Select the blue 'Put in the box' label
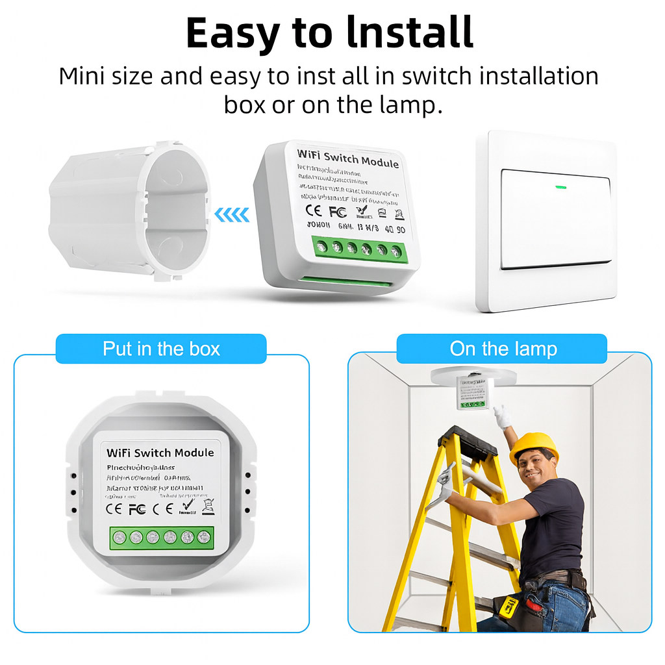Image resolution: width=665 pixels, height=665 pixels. [161, 349]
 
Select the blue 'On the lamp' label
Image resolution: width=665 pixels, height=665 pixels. [503, 349]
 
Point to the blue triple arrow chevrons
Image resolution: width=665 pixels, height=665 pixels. [232, 214]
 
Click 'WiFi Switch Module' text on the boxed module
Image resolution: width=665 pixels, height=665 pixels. [160, 452]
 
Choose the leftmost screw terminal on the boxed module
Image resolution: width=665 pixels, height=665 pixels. [119, 537]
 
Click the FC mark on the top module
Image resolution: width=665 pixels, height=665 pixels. [337, 212]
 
